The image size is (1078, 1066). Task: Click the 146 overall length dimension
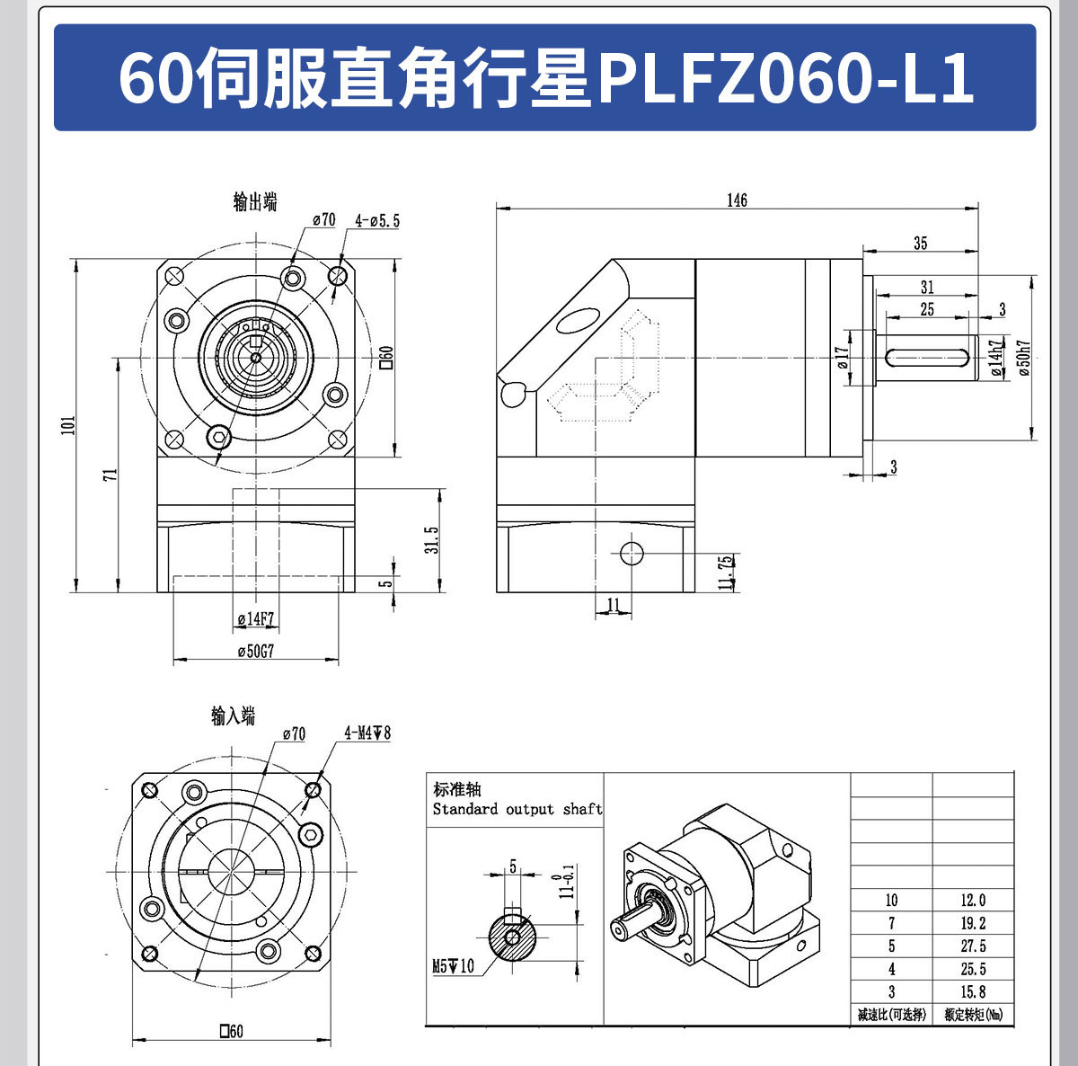[x=737, y=200]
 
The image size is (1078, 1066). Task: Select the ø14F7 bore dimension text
[x=255, y=619]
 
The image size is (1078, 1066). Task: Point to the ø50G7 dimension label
[x=255, y=652]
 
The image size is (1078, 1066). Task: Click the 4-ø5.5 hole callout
[x=377, y=220]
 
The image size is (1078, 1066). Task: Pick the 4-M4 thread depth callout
[x=367, y=733]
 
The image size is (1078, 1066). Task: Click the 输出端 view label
[x=255, y=202]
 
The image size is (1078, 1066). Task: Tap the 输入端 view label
[x=234, y=715]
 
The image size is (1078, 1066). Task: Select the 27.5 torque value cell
[x=973, y=946]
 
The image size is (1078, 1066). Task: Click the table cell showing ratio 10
[x=891, y=900]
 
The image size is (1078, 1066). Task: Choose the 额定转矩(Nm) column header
[x=973, y=1015]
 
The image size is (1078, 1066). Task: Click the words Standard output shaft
[x=517, y=809]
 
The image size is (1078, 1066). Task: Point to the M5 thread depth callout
[x=453, y=966]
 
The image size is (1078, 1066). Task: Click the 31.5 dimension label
[x=432, y=540]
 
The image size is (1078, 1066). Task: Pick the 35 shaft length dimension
[x=920, y=243]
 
